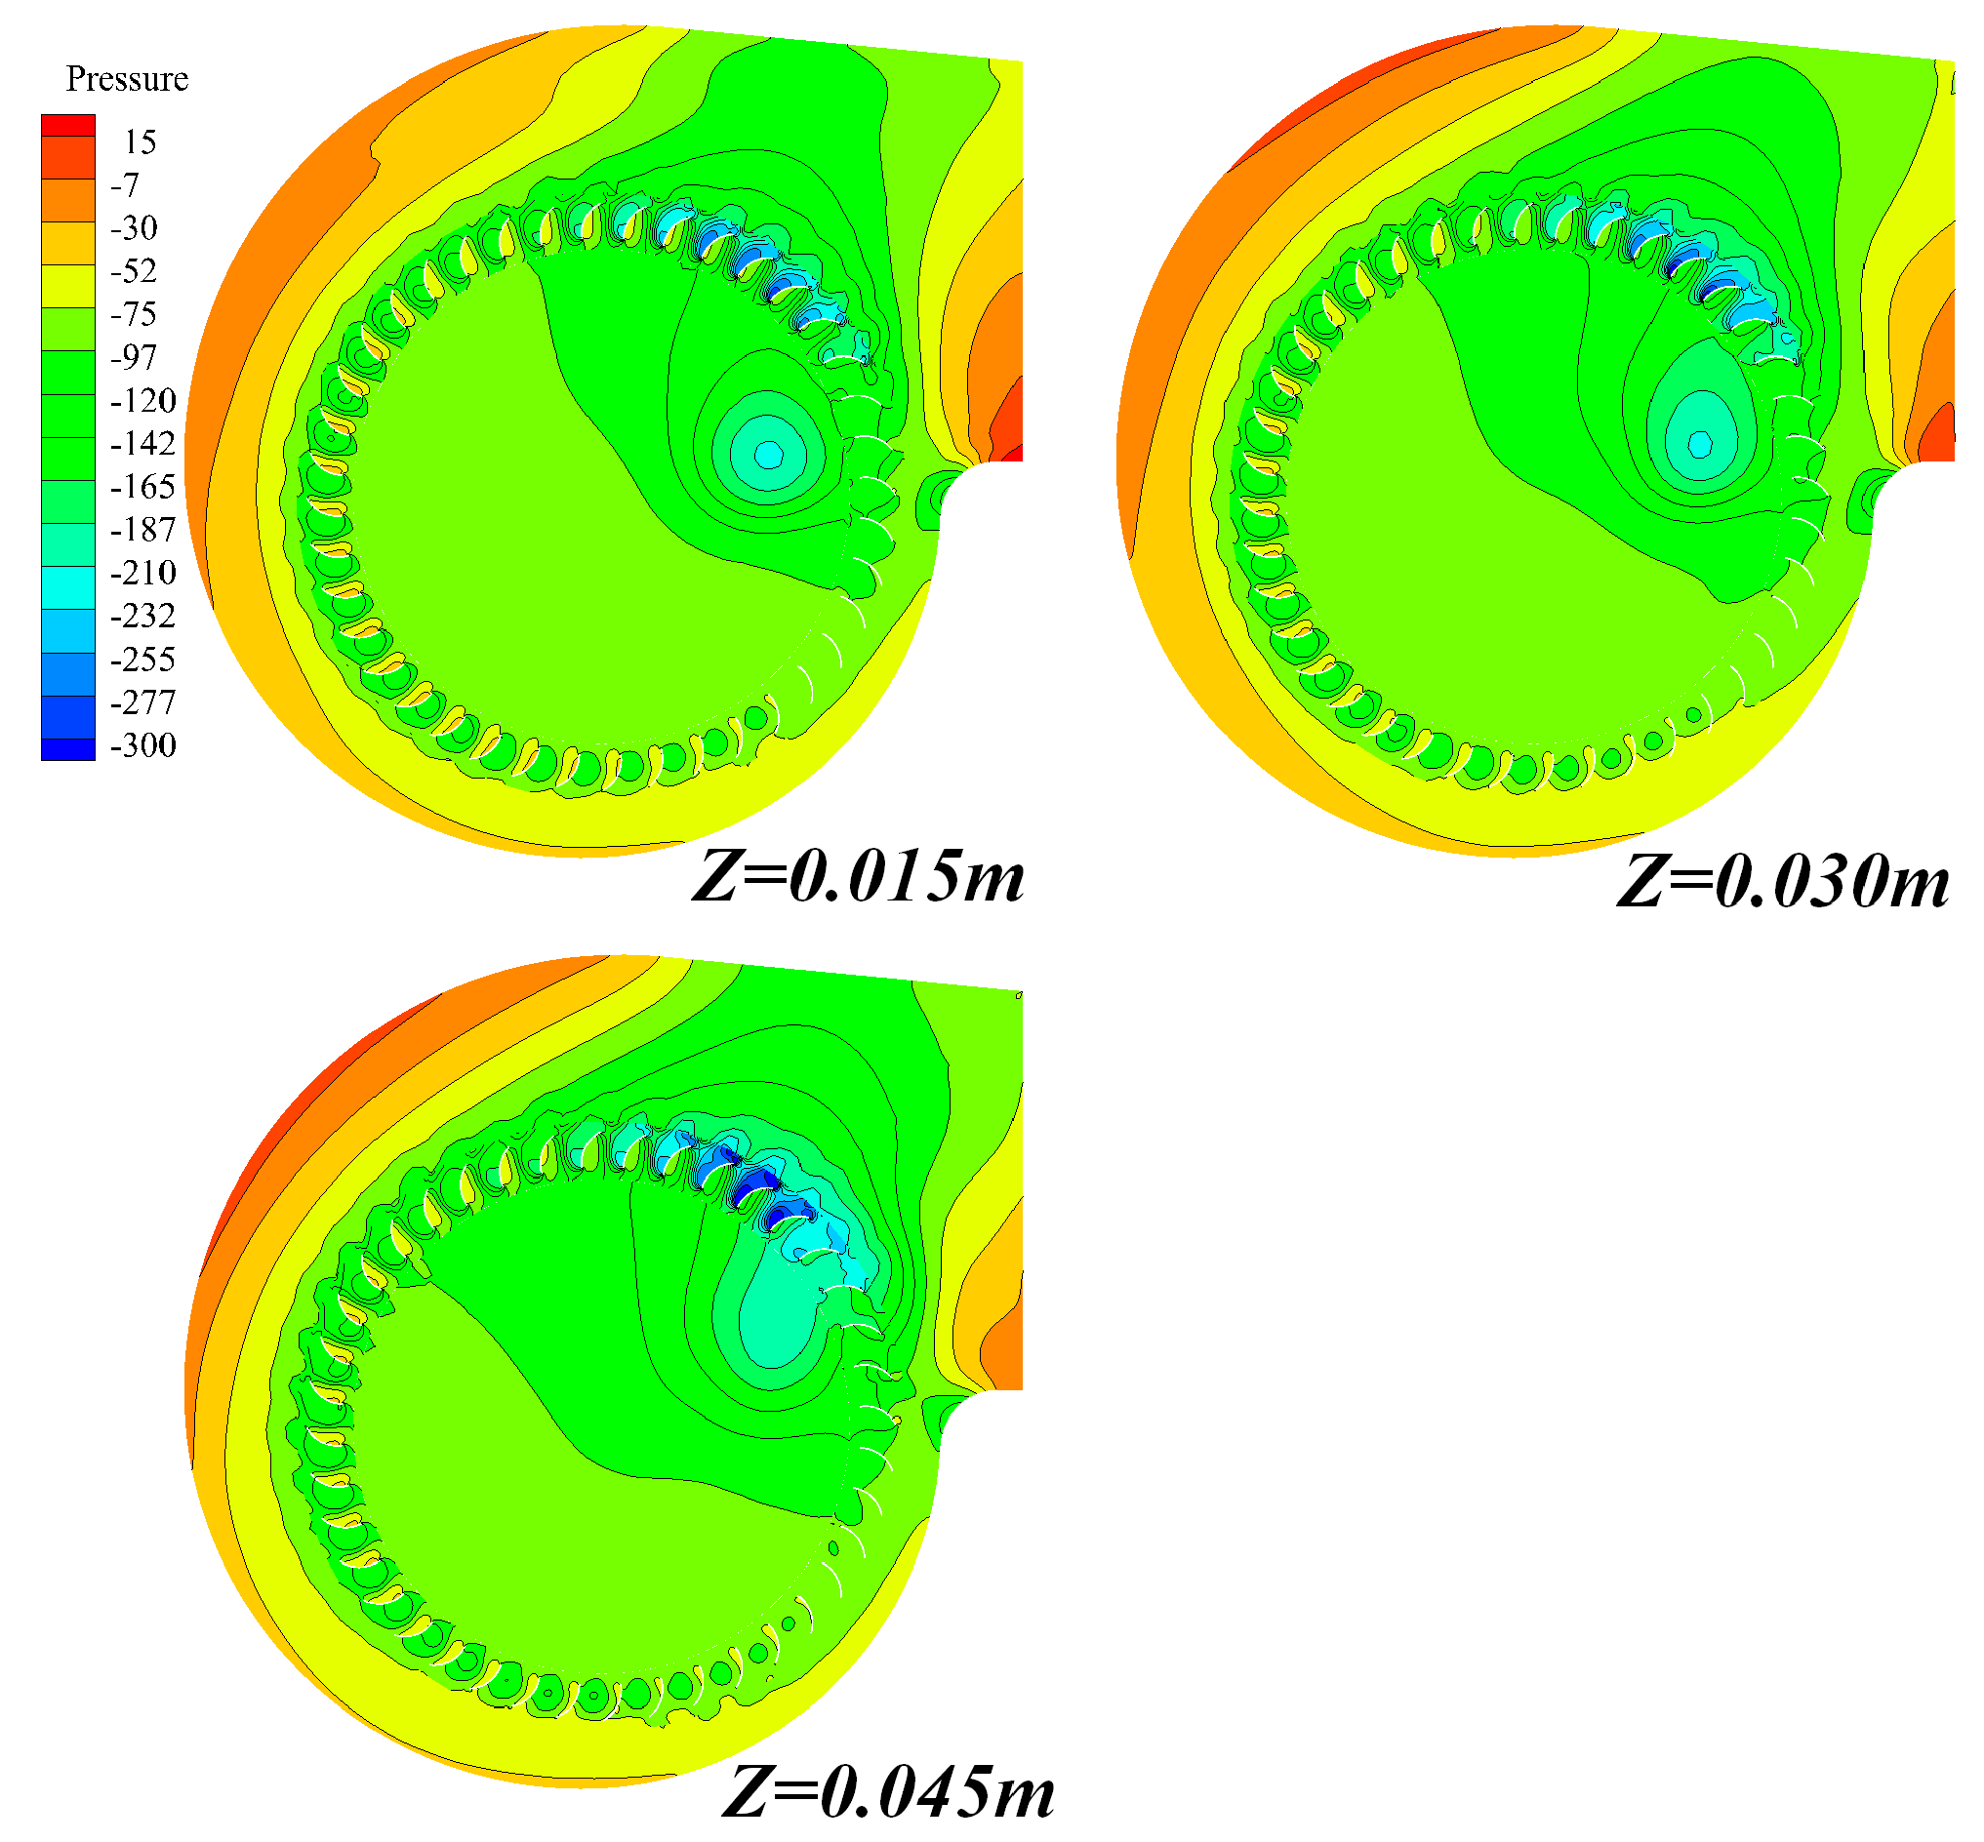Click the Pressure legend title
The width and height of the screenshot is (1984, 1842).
pyautogui.click(x=127, y=79)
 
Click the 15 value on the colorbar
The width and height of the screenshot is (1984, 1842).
pyautogui.click(x=140, y=142)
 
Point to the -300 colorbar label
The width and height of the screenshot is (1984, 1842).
pyautogui.click(x=142, y=745)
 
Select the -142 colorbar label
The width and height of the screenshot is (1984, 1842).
pyautogui.click(x=142, y=444)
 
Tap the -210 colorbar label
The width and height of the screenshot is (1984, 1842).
pyautogui.click(x=142, y=573)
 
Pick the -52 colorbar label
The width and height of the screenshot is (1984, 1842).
pyautogui.click(x=134, y=271)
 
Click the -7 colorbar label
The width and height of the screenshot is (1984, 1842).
pyautogui.click(x=125, y=185)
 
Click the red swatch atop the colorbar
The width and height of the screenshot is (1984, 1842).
pyautogui.click(x=67, y=125)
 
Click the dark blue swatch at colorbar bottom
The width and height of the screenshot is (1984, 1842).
pyautogui.click(x=67, y=748)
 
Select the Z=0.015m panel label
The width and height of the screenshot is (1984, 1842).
pyautogui.click(x=858, y=878)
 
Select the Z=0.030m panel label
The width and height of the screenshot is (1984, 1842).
pyautogui.click(x=1783, y=882)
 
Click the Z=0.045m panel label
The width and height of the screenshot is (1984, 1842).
pyautogui.click(x=887, y=1791)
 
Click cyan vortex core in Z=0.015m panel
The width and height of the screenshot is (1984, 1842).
pyautogui.click(x=768, y=455)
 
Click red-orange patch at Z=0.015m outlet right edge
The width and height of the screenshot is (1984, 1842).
pyautogui.click(x=1010, y=423)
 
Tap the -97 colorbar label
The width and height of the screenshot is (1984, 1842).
pyautogui.click(x=134, y=358)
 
